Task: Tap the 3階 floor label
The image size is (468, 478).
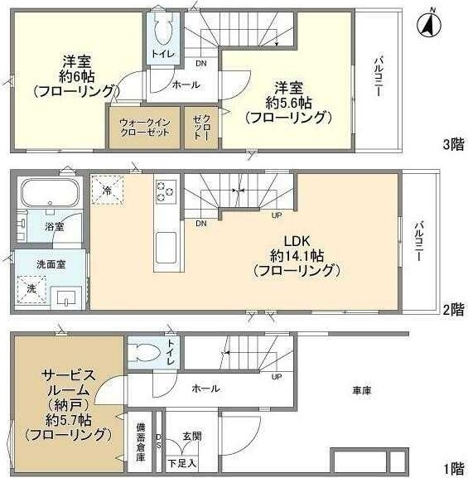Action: [x=452, y=143]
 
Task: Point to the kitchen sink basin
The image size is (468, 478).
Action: [x=165, y=247]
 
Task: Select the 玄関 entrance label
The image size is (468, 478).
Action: [x=191, y=437]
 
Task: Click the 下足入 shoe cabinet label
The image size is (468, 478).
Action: [x=182, y=462]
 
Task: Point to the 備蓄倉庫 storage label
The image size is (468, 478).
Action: [x=141, y=442]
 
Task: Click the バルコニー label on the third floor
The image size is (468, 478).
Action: [x=378, y=77]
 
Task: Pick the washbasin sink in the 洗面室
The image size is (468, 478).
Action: [x=65, y=296]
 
